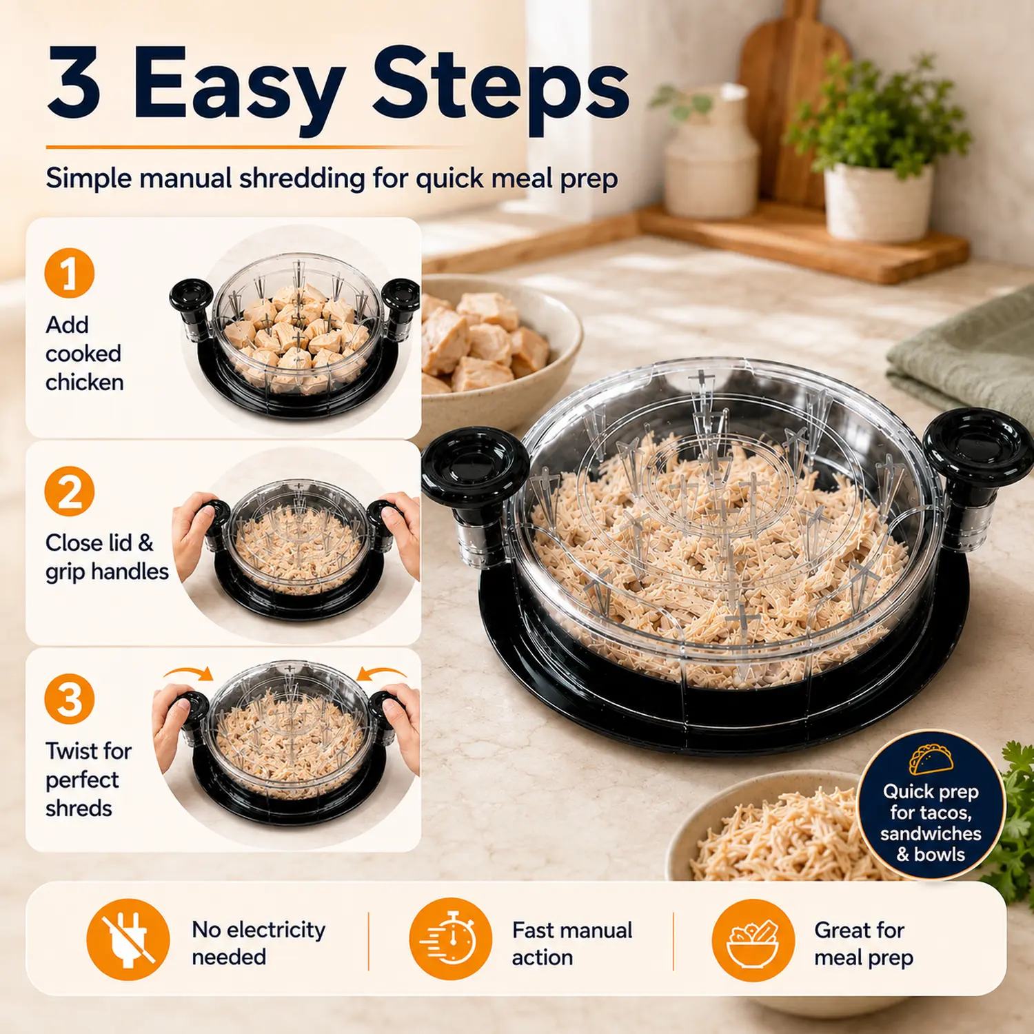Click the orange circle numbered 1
coord(70,273)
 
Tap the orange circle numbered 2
coord(70,491)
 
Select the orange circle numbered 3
coord(70,699)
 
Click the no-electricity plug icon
coord(128,940)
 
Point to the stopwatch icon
coord(450,939)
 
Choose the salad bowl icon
coord(753,940)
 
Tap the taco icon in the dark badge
coord(931,759)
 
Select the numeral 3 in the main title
coord(74,83)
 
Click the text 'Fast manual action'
coord(572,944)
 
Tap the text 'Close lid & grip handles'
coord(107,557)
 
